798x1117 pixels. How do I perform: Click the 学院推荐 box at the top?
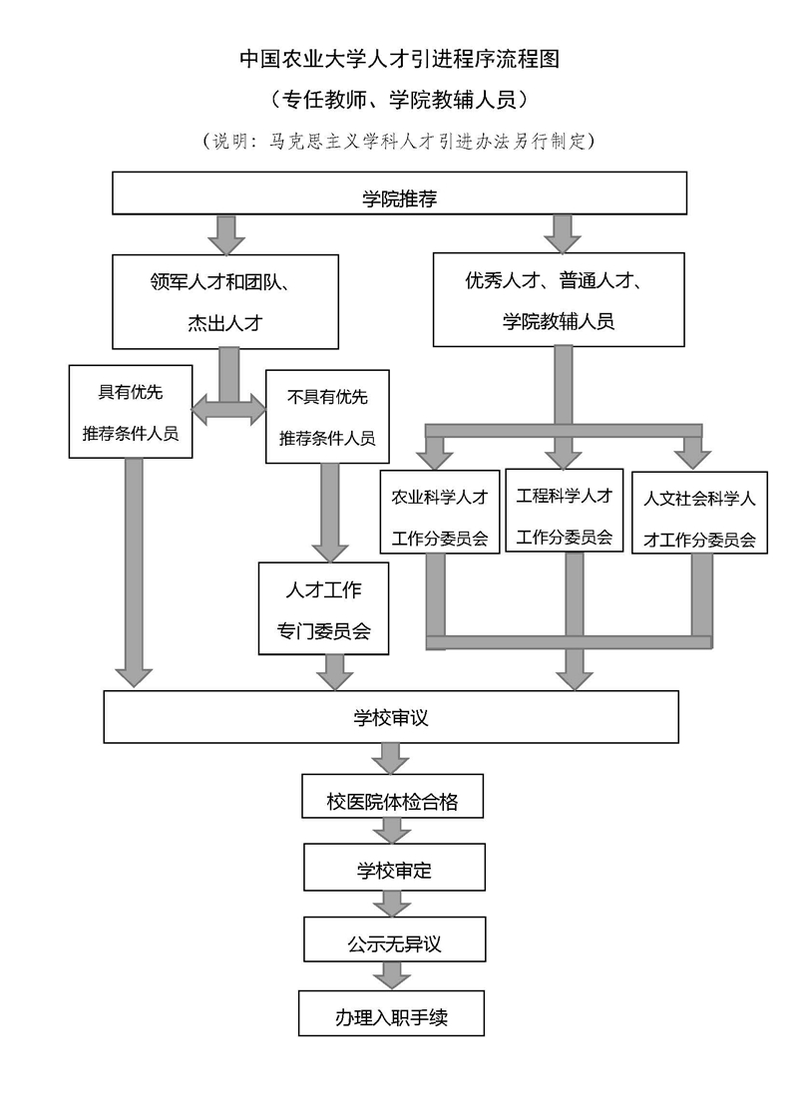[399, 192]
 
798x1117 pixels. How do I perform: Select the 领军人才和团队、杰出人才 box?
[225, 301]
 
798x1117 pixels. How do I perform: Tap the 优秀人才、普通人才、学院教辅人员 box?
[559, 299]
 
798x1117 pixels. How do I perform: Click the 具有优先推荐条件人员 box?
[131, 412]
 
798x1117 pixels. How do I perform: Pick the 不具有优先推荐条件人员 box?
[327, 417]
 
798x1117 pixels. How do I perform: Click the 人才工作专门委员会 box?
[323, 608]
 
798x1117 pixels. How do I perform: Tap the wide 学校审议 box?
[391, 717]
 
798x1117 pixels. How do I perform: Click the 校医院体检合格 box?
[393, 798]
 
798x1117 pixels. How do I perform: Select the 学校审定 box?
[394, 868]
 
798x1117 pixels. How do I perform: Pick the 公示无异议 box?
[394, 940]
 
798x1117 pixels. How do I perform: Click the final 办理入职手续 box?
[392, 1013]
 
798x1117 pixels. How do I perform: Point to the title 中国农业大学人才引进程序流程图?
[399, 59]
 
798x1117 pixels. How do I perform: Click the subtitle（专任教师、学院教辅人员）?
[399, 100]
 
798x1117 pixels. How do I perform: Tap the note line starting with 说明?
[399, 140]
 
